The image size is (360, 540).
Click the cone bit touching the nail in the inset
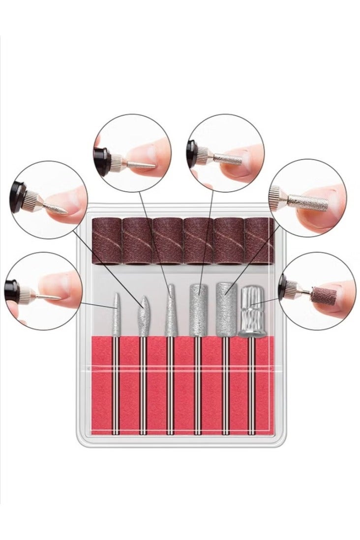[143, 160]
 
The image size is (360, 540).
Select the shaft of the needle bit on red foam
[116, 383]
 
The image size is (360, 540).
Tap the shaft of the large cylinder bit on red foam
[226, 383]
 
